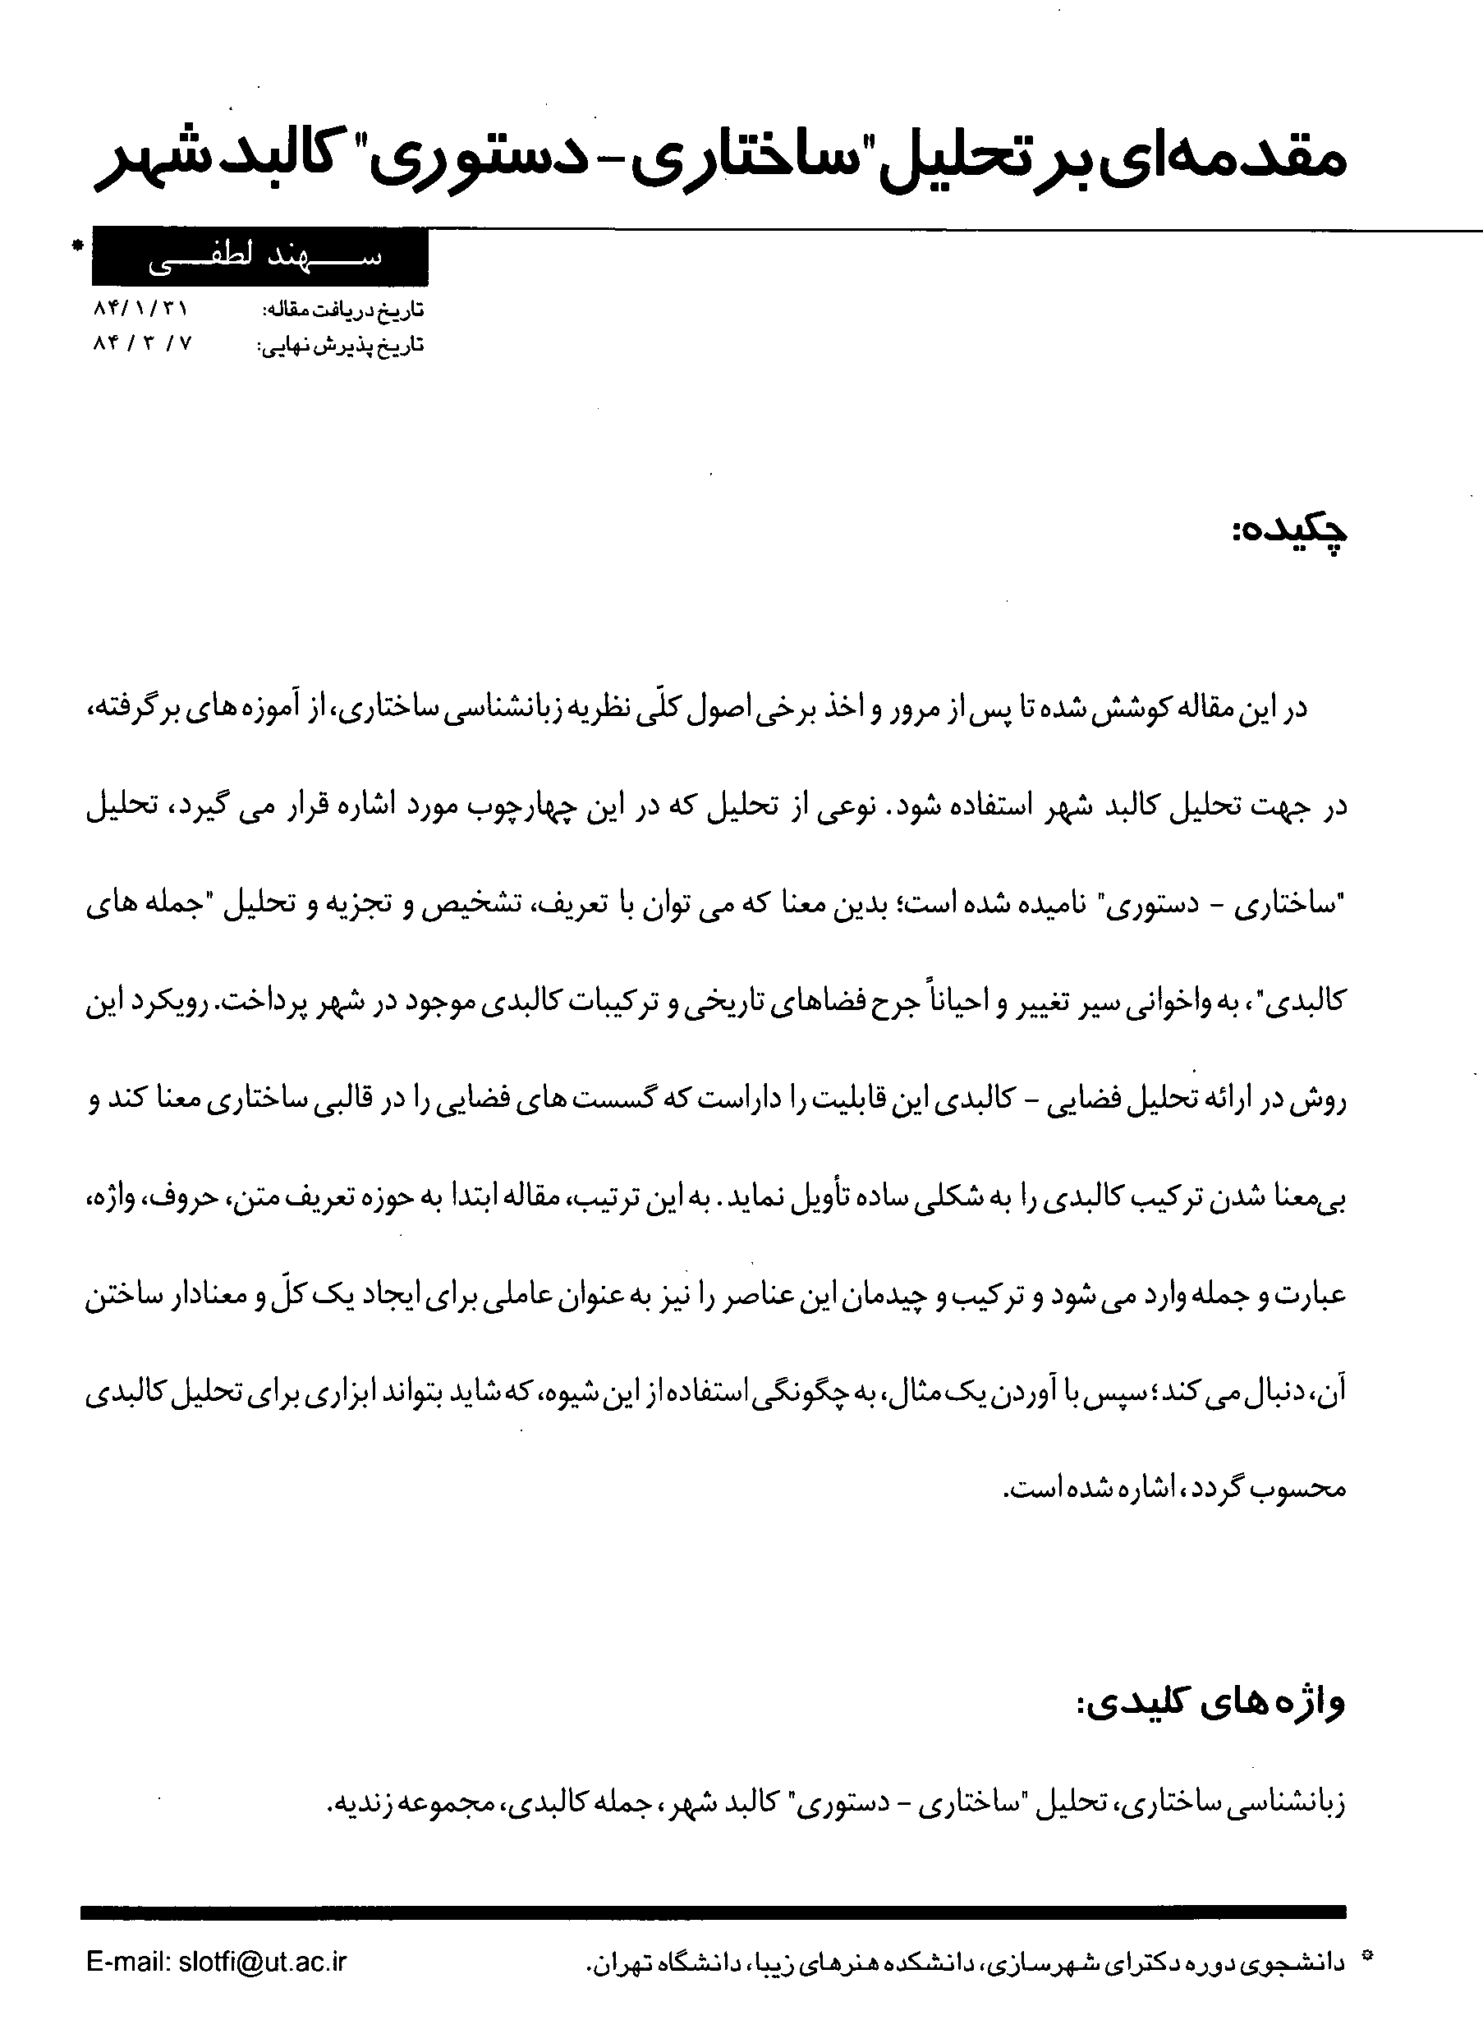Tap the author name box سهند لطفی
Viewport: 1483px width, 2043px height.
coord(260,257)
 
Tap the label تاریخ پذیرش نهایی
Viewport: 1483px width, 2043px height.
coord(341,345)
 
